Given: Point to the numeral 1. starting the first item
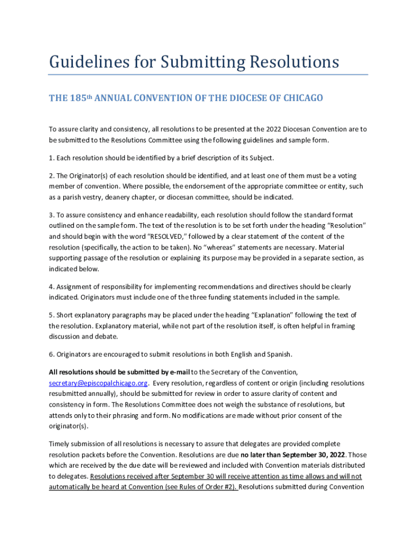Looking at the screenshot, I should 52,158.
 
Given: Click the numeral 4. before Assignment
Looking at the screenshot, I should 52,287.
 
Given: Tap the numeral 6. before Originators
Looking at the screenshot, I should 52,354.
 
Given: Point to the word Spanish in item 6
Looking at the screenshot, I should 279,354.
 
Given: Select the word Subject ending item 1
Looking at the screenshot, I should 261,158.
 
